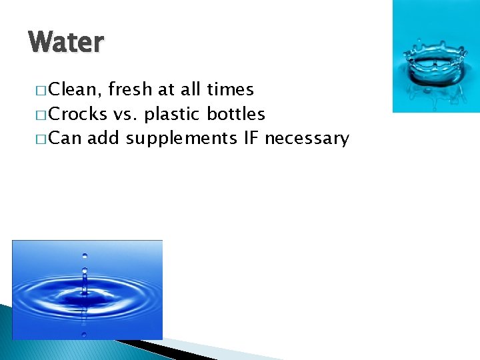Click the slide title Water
pyautogui.click(x=67, y=43)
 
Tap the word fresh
pyautogui.click(x=131, y=89)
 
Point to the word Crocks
pyautogui.click(x=78, y=114)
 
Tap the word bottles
pyautogui.click(x=236, y=114)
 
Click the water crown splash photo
pyautogui.click(x=435, y=56)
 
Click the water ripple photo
pyautogui.click(x=87, y=289)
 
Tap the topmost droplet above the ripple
pyautogui.click(x=84, y=255)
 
